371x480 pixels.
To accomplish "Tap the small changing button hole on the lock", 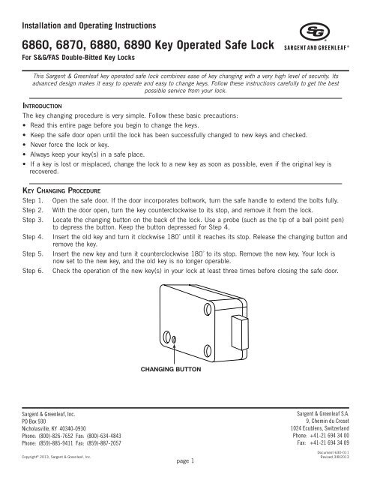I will coord(174,339).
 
